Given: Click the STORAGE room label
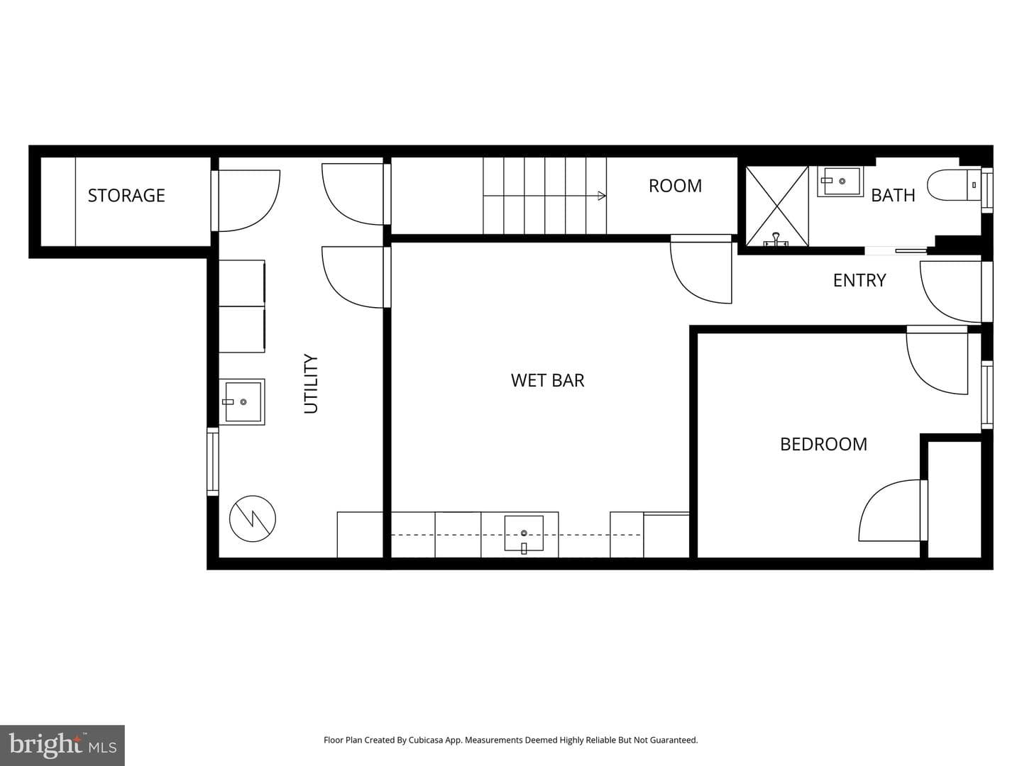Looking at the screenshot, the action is tap(126, 195).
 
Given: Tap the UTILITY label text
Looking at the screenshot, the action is tap(311, 384).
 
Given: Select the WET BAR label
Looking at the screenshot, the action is tap(547, 380).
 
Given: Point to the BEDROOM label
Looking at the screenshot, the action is tap(823, 444).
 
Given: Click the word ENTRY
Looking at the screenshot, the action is tap(859, 280).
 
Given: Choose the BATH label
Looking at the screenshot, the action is tap(893, 195).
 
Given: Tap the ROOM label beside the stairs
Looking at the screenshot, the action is tap(675, 186).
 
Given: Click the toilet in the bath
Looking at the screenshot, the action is tap(954, 185).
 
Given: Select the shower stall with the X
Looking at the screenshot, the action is tap(777, 206).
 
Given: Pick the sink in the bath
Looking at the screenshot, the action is tap(840, 182).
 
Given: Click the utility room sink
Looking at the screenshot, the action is tap(242, 402).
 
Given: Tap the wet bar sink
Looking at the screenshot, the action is tap(524, 533).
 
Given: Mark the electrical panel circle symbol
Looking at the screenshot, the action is tap(253, 518).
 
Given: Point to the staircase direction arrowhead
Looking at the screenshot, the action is tap(602, 196).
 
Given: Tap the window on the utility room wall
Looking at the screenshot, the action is tap(213, 461).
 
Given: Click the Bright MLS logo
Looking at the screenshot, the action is tap(62, 745).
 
